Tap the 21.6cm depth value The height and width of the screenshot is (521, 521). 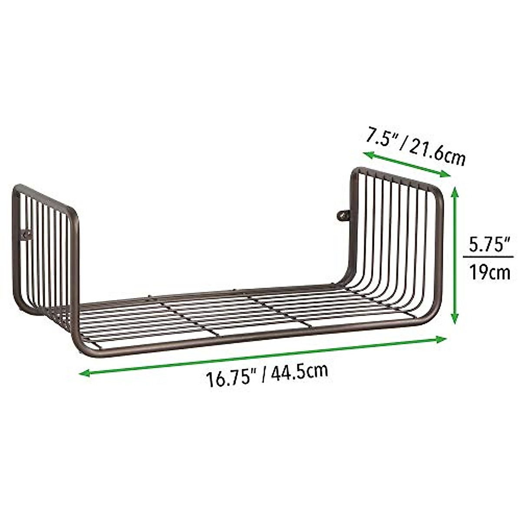[x=436, y=152]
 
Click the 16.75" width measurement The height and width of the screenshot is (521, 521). [x=230, y=378]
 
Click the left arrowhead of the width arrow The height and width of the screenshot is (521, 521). [x=83, y=373]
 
